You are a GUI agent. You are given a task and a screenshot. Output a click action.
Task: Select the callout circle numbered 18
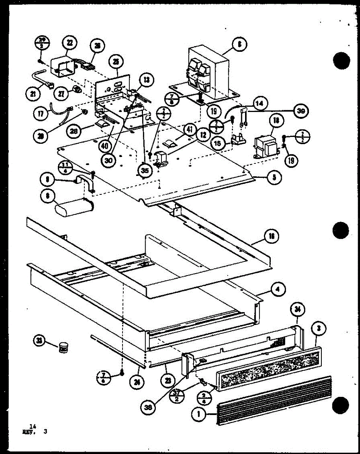point(276,121)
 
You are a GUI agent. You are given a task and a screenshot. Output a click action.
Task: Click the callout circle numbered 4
point(278,290)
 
